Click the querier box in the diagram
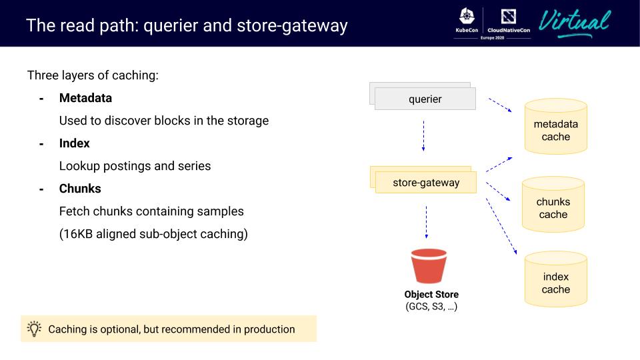coord(425,99)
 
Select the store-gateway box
coord(426,183)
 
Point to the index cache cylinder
coord(555,280)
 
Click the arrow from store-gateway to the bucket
coord(427,222)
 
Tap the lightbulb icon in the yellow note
coord(34,329)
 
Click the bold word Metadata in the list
coord(85,98)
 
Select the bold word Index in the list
coord(74,143)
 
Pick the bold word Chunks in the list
coord(80,189)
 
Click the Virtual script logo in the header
coord(575,23)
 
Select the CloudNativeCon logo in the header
coord(509,22)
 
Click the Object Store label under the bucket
coord(431,295)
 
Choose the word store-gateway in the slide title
coord(296,26)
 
